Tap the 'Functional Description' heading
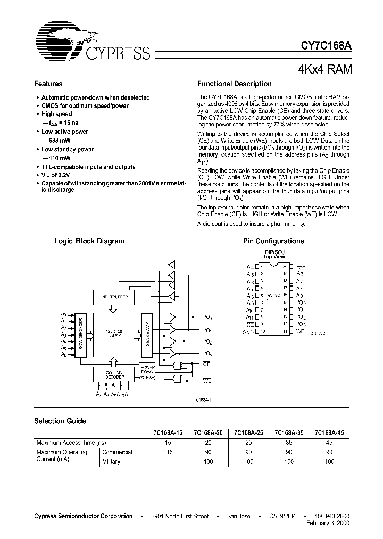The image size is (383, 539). pos(234,84)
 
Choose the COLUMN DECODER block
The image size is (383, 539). pos(114,374)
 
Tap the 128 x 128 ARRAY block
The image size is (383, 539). pos(114,334)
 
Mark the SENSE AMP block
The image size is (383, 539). pos(146,334)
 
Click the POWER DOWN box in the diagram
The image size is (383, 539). pos(147,371)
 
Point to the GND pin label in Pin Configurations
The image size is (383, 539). pos(248,332)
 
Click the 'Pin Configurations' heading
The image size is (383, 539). pos(273,241)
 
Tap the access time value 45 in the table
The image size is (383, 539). pos(329,443)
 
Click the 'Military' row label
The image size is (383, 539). pos(111,462)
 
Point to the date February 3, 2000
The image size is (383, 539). pos(329,524)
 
